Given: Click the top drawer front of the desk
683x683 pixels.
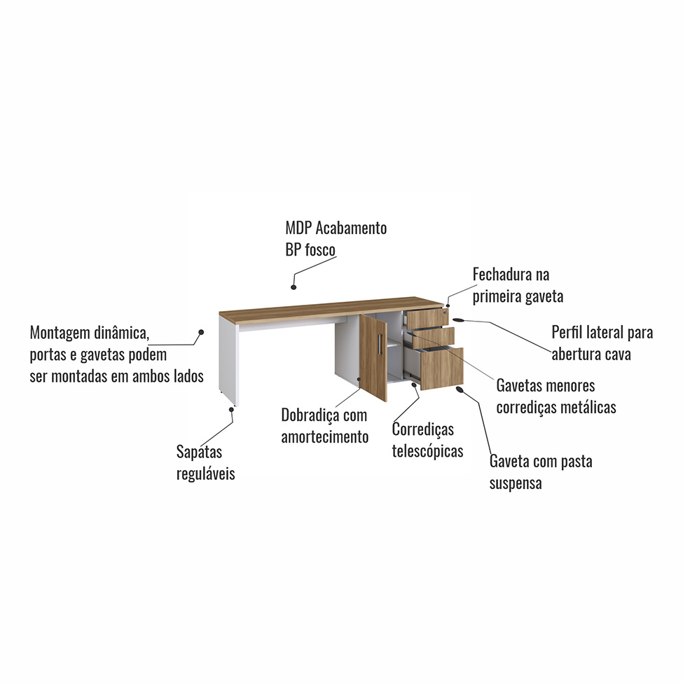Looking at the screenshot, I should pos(427,318).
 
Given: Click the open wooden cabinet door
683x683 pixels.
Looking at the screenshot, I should pos(373,357).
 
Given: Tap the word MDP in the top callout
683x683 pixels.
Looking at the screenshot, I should pos(299,228).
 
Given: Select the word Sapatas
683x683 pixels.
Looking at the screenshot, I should pos(199,453).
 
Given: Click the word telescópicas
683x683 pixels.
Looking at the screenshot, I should pos(427,451).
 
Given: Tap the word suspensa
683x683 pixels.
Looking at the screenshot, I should pos(516,483).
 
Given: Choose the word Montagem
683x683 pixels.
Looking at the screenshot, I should pos(61,332).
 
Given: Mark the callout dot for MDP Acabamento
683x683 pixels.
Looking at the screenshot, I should pos(294,286).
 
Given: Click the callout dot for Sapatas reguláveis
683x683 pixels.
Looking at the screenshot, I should pos(232,408).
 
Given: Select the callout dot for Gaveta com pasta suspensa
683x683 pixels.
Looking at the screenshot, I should pos(460,389).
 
